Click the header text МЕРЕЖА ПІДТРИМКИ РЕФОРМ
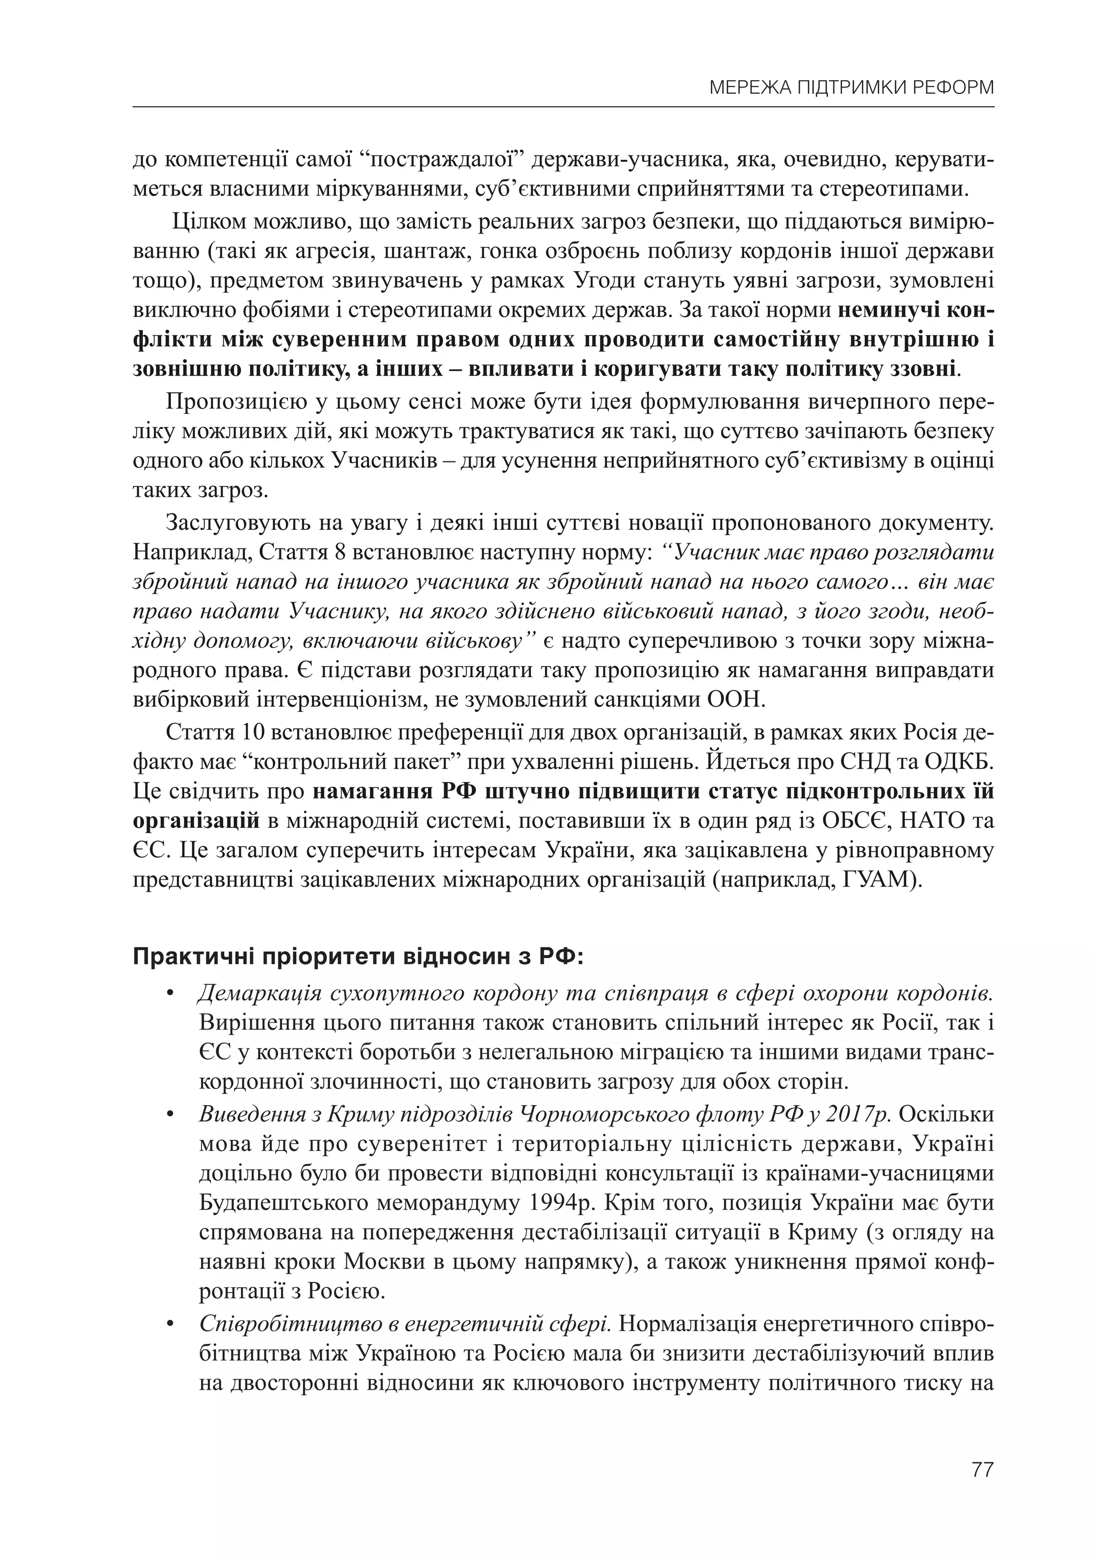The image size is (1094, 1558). coord(851,88)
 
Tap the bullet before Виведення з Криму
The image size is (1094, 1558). coord(170,1115)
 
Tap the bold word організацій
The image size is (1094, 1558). coord(196,821)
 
